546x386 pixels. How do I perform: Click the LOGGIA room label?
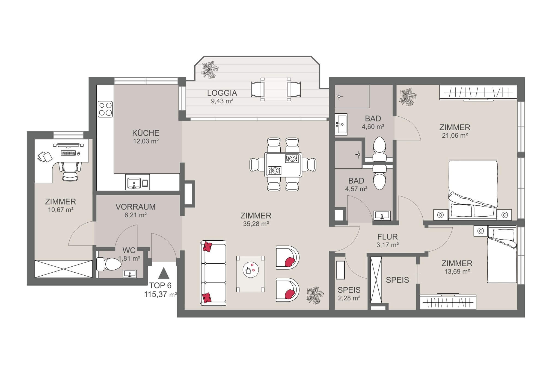point(222,93)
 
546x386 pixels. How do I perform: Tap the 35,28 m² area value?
point(256,224)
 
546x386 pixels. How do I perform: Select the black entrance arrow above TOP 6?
point(163,273)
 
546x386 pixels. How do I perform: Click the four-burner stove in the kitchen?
point(105,109)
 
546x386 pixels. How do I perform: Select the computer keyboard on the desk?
point(68,153)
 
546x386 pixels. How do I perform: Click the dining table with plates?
point(283,165)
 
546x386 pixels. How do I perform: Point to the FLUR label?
point(387,237)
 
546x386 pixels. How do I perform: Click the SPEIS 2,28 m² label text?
point(349,290)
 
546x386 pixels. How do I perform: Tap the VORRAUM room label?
point(135,207)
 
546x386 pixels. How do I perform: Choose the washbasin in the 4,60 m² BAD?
point(341,124)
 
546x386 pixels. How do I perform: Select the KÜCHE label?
point(146,133)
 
